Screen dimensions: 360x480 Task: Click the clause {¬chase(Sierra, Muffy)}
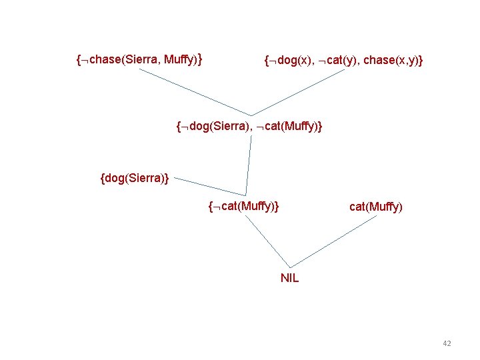(140, 61)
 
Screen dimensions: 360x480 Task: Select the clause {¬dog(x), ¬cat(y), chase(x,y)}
(343, 61)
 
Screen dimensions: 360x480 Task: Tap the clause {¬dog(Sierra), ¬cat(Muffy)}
(249, 125)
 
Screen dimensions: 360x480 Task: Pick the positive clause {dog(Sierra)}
(134, 178)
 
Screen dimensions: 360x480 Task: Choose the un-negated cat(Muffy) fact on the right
(375, 207)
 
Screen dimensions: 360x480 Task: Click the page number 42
(447, 343)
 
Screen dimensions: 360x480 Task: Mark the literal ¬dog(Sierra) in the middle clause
(213, 125)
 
